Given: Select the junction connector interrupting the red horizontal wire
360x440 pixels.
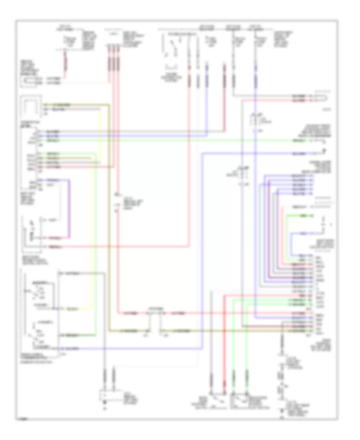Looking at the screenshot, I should [154, 312].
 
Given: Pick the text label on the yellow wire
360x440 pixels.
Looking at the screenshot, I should [72, 309].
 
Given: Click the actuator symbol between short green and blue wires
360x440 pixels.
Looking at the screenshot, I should [324, 224].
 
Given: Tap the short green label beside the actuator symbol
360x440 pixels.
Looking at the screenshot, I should [304, 216].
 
